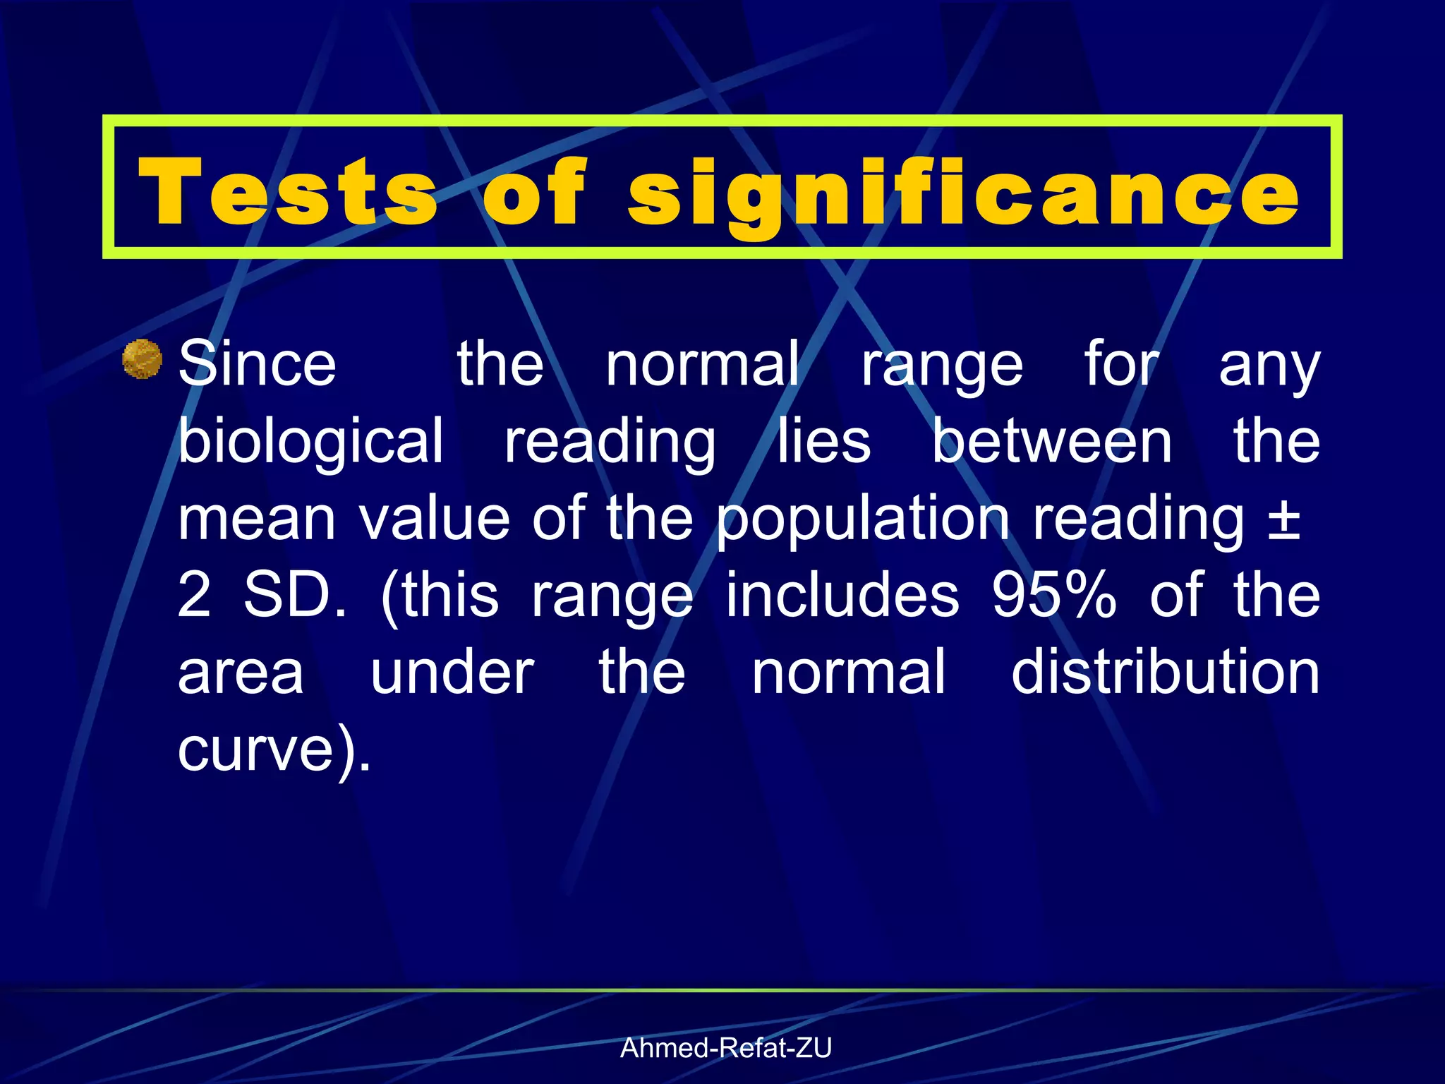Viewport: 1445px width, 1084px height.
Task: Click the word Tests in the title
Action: pos(288,192)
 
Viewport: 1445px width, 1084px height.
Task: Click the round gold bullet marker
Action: pos(143,359)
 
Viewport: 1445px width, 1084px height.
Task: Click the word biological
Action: pos(310,442)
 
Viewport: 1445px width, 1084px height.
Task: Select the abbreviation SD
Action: pos(295,595)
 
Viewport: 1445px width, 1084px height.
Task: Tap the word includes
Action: pos(842,595)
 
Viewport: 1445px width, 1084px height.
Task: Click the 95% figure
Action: pos(1054,595)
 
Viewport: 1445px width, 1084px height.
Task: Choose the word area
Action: pos(241,673)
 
